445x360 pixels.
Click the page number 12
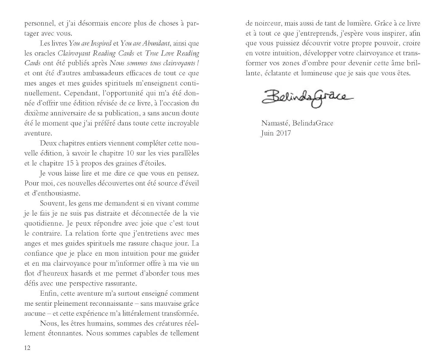point(27,348)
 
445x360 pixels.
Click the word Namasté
point(274,123)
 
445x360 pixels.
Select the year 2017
point(283,133)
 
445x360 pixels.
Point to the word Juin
point(267,133)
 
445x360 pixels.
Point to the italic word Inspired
point(101,43)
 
